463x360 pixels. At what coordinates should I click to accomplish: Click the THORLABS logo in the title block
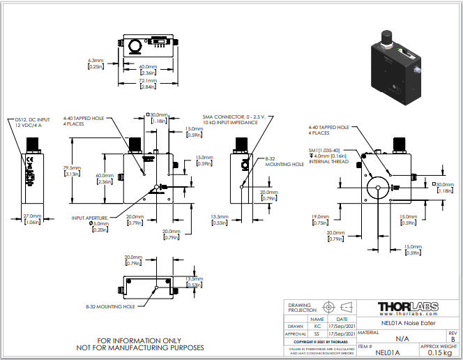(407, 308)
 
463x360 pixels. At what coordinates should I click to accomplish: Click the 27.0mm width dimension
(32, 218)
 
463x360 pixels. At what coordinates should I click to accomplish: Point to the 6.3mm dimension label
(96, 63)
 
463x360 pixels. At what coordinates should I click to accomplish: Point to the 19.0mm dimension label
(321, 219)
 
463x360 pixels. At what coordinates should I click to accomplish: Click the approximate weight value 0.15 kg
(439, 353)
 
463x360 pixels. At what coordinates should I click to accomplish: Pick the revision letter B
(453, 339)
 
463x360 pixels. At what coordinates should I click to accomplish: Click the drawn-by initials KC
(317, 325)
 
